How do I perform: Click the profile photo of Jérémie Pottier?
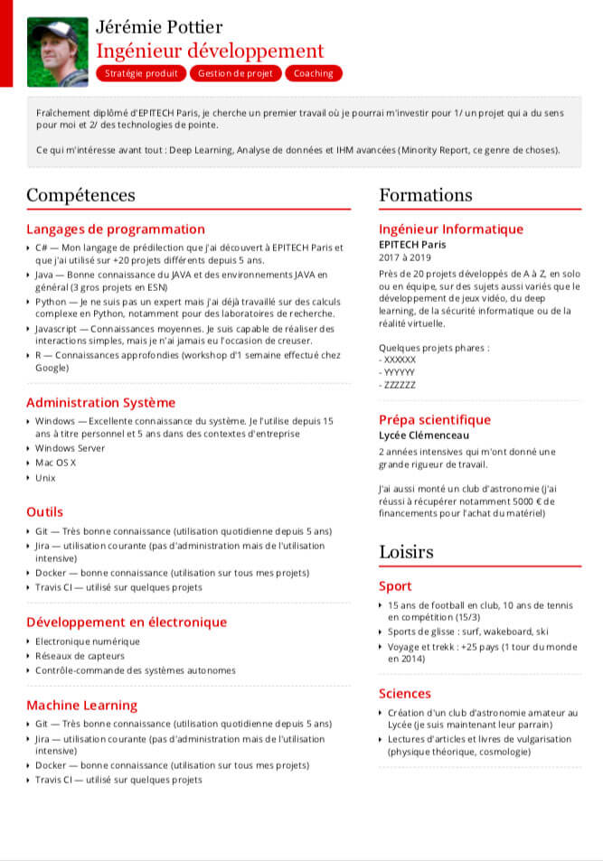[x=58, y=51]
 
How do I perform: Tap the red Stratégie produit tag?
[x=141, y=73]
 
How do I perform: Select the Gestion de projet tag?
[x=235, y=73]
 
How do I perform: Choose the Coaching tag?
[x=314, y=73]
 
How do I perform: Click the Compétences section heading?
[x=80, y=195]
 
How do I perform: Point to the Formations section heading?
[x=425, y=195]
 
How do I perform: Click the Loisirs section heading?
[x=406, y=552]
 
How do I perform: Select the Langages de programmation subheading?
[x=116, y=229]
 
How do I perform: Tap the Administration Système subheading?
[x=100, y=403]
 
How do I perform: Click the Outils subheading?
[x=44, y=512]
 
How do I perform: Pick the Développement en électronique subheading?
[x=127, y=622]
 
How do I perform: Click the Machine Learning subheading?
[x=81, y=706]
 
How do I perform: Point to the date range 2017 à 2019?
[x=406, y=258]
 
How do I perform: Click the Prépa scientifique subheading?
[x=435, y=420]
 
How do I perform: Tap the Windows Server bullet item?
[x=70, y=448]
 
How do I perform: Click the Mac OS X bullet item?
[x=56, y=463]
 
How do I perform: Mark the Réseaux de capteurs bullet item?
[x=80, y=656]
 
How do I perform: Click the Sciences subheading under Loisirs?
[x=405, y=694]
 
